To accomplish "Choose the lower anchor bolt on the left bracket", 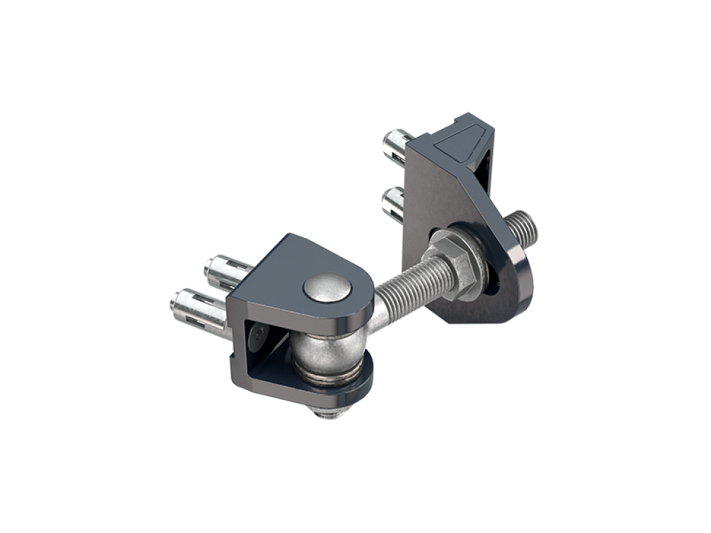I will click(196, 307).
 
